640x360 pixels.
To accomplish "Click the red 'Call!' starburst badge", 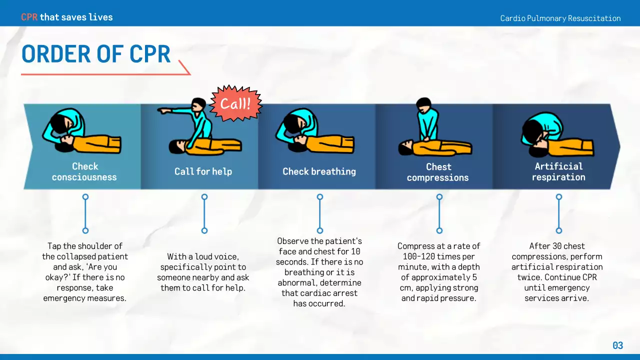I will pos(235,103).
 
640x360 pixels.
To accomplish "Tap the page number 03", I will pos(618,345).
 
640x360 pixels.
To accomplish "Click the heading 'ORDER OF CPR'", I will pos(96,54).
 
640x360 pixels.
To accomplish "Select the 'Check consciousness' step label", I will pos(84,171).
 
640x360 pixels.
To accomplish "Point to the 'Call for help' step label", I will pos(203,171).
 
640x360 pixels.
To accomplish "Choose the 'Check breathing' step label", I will pos(319,171).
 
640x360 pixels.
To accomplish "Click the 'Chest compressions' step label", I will pos(438,172).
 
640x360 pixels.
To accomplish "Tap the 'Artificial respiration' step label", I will pos(558,171).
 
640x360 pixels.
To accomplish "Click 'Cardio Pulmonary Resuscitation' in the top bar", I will pos(560,18).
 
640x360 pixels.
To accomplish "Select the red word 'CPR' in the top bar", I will pos(29,17).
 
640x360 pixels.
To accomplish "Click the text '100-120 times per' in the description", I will pos(438,256).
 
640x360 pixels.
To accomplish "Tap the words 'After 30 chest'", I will pos(557,246).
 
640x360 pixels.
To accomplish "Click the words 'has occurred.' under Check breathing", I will pos(319,303).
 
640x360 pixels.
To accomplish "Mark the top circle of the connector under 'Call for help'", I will pos(204,197).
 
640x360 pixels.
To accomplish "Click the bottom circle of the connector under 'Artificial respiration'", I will pos(559,230).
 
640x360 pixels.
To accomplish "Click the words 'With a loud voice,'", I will pos(203,256).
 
